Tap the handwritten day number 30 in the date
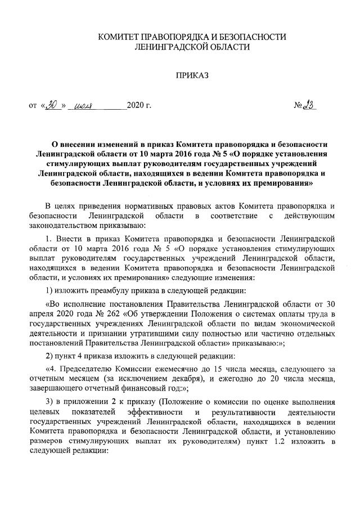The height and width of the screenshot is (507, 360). click(x=53, y=105)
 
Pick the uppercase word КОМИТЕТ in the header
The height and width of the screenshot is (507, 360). click(x=119, y=37)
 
